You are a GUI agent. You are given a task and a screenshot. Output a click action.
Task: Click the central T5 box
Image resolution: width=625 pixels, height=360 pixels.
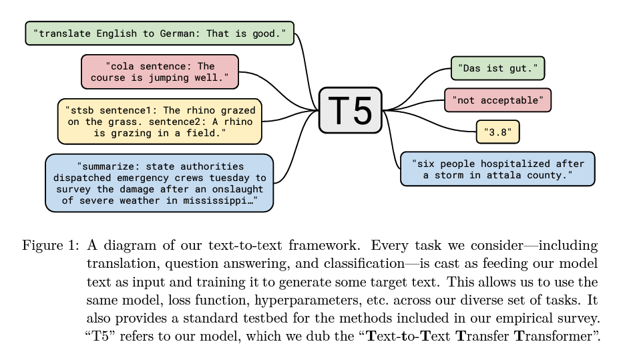pyautogui.click(x=350, y=110)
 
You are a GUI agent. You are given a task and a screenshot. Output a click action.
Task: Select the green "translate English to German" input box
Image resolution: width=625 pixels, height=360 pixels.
pyautogui.click(x=159, y=33)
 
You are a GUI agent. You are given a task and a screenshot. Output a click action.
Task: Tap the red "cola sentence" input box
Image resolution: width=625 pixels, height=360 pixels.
pyautogui.click(x=159, y=71)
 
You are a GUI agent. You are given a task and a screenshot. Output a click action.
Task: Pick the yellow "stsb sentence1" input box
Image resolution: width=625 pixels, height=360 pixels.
pyautogui.click(x=159, y=121)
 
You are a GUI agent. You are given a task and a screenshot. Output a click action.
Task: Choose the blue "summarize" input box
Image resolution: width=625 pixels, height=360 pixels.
pyautogui.click(x=159, y=182)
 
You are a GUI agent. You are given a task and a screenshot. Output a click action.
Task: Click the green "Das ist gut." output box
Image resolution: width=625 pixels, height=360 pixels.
pyautogui.click(x=497, y=68)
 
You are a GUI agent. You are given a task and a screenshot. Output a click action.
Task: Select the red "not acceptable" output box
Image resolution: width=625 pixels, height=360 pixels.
pyautogui.click(x=497, y=100)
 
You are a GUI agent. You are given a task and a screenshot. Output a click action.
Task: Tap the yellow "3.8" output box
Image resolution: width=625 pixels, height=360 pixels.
pyautogui.click(x=497, y=132)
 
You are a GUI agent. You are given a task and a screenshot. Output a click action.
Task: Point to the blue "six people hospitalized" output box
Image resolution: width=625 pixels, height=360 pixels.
pyautogui.click(x=497, y=168)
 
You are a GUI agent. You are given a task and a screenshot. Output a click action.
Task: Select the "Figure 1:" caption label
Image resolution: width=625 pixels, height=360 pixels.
pyautogui.click(x=51, y=246)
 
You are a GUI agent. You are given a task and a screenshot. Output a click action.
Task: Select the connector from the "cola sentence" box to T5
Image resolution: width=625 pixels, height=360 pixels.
pyautogui.click(x=280, y=87)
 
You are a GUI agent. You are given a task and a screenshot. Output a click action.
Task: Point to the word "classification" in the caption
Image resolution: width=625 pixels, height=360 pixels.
pyautogui.click(x=333, y=261)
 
